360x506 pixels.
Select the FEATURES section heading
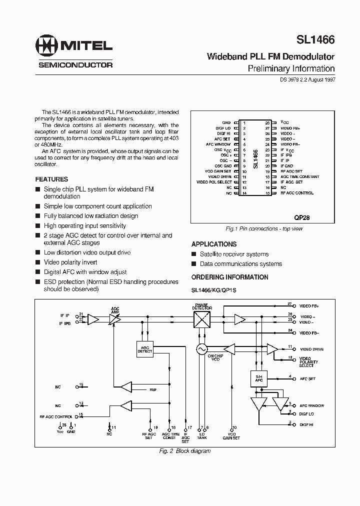pyautogui.click(x=51, y=179)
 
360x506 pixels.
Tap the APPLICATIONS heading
pyautogui.click(x=214, y=244)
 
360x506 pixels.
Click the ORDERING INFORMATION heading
pyautogui.click(x=229, y=277)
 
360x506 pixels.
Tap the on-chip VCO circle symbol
pyautogui.click(x=201, y=348)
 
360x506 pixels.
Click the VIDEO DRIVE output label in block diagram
pyautogui.click(x=311, y=349)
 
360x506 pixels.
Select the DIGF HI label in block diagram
pyautogui.click(x=306, y=424)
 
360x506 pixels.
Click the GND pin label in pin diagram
pyautogui.click(x=226, y=122)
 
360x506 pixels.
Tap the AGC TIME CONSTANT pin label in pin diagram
pyautogui.click(x=300, y=176)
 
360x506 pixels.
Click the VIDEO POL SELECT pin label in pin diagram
pyautogui.click(x=214, y=182)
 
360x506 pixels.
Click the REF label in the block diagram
pyautogui.click(x=153, y=389)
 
